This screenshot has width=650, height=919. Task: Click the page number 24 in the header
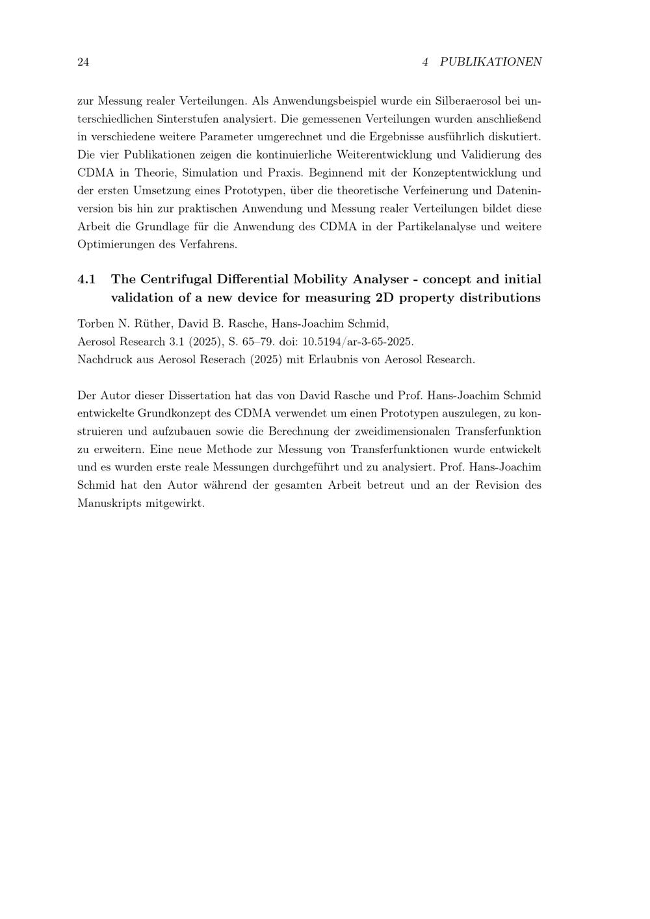(x=83, y=62)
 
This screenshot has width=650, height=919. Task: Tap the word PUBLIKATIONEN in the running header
(x=491, y=62)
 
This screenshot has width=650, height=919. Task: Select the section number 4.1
(x=86, y=279)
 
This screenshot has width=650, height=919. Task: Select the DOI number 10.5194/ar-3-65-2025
(x=358, y=342)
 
